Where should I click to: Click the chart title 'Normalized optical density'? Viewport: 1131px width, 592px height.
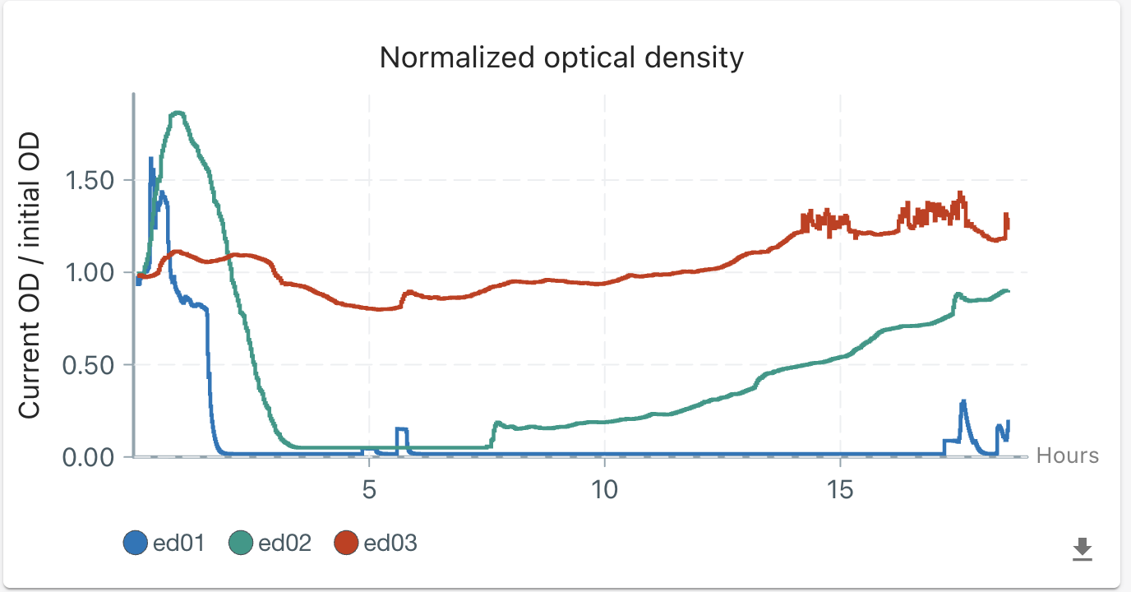pos(561,58)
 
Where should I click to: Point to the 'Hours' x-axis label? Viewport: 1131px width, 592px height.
pos(1067,456)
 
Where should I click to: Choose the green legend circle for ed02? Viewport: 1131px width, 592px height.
pos(241,543)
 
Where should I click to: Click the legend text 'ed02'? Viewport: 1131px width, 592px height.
pos(284,543)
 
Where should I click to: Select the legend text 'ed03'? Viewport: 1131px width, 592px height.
pos(390,543)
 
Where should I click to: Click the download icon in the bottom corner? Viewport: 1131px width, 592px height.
pos(1083,548)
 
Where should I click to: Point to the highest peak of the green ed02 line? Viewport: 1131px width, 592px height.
pos(178,113)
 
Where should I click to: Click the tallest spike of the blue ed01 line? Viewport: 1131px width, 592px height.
pos(150,158)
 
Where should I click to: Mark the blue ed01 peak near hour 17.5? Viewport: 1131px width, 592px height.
pos(963,401)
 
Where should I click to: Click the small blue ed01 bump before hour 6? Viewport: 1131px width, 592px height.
pos(402,429)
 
